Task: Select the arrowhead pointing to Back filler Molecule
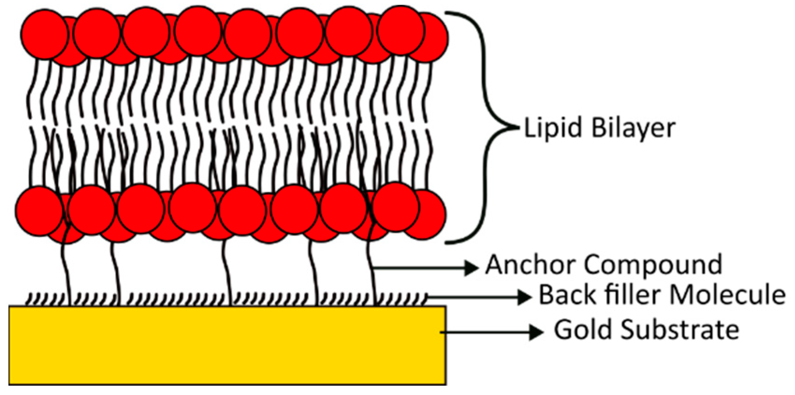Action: click(x=526, y=296)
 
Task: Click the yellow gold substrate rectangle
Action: click(x=227, y=345)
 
